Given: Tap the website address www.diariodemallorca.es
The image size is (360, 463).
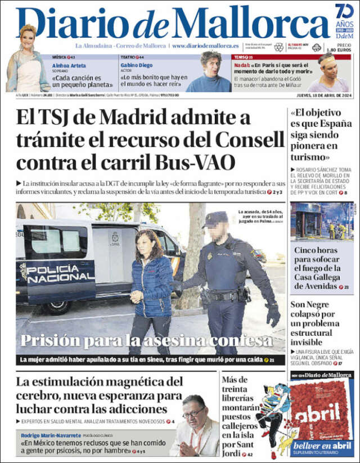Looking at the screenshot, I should (205, 45).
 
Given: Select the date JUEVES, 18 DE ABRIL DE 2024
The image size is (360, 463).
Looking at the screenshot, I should (319, 95).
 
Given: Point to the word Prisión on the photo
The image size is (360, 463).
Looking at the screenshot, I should (49, 340).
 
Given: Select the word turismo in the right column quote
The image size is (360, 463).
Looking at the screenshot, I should (310, 157).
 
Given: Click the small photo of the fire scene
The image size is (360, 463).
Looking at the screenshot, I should (322, 222).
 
